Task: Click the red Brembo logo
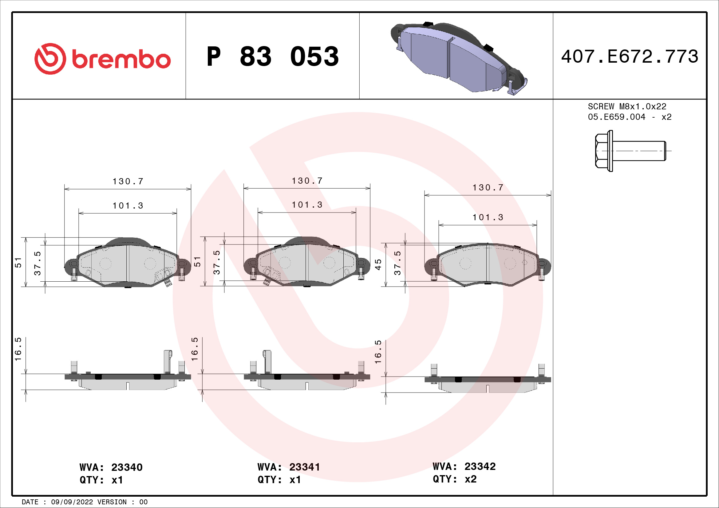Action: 102,58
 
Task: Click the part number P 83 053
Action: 272,57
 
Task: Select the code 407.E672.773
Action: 630,57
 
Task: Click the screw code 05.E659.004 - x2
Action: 630,117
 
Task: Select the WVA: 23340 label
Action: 111,467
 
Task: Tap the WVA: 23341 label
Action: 288,467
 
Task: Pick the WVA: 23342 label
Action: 464,467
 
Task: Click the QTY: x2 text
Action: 454,479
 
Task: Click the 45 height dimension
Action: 378,265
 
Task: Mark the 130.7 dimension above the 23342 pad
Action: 488,188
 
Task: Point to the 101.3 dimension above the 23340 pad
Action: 128,206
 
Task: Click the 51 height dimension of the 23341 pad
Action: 197,262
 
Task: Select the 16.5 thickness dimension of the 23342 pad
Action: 378,352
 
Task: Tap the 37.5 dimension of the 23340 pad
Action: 38,263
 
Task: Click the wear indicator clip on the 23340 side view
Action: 168,361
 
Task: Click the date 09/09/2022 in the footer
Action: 72,502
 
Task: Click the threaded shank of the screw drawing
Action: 639,151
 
